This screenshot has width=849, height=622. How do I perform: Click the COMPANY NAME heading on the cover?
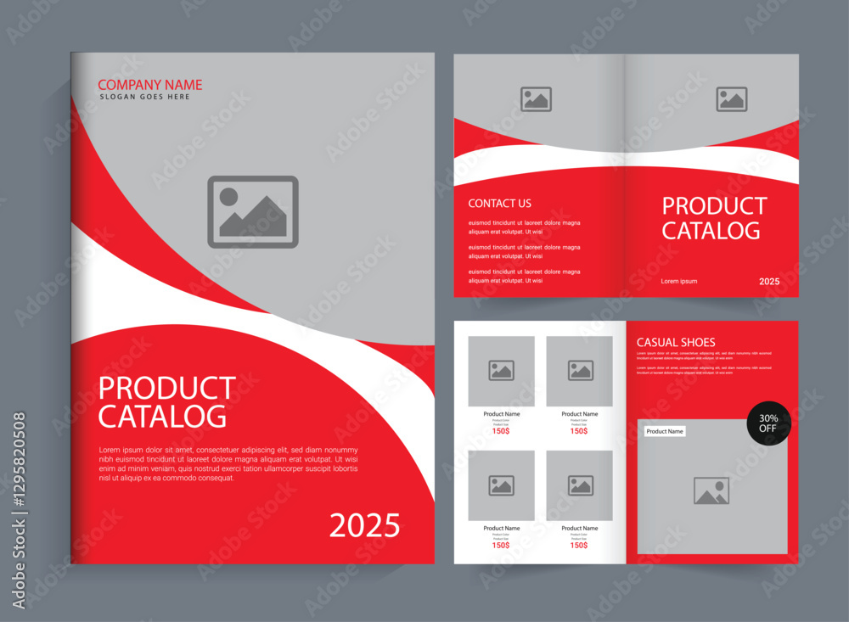pos(150,85)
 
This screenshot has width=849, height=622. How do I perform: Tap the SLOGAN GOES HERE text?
pos(145,98)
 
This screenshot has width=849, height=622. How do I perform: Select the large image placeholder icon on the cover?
pos(253,212)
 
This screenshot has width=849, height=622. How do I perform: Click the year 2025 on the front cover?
pos(364,526)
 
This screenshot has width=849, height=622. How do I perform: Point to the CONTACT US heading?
pos(500,204)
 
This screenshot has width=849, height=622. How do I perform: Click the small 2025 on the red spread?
pos(769,281)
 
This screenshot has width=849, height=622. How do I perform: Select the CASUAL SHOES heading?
pos(676,343)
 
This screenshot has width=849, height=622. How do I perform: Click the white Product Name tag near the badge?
pos(664,432)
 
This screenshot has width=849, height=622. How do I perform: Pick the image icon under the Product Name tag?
pos(711,491)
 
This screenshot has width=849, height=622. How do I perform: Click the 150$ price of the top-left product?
pos(501,431)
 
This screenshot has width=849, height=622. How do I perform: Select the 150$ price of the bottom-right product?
pos(578,545)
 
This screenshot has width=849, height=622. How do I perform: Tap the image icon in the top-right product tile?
pos(581,371)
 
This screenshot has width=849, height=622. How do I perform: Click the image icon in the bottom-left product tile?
pos(502,485)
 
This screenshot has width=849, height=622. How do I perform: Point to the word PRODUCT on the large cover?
pos(167,389)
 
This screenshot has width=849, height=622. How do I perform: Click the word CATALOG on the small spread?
pos(711,231)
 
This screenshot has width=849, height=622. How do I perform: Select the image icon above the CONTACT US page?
pos(536,99)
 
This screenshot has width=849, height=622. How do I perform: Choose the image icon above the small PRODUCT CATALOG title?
pos(731,99)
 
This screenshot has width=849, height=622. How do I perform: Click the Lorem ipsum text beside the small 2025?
pos(679,281)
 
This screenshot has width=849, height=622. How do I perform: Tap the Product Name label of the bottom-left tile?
pos(502,529)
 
